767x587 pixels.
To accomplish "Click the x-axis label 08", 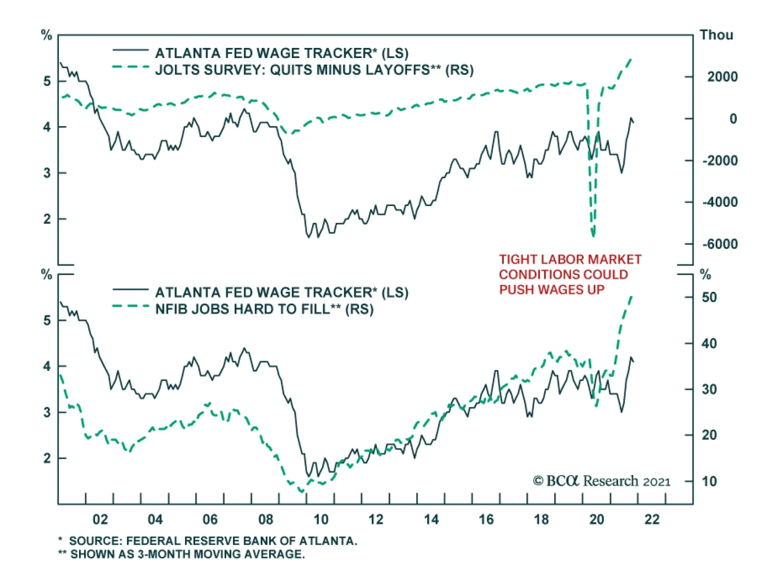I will tap(266, 519).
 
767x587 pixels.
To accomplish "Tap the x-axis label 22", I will tap(652, 519).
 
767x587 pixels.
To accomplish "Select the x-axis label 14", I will tap(431, 519).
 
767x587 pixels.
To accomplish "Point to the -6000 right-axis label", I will tap(720, 244).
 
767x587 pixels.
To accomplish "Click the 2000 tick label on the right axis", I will tap(722, 77).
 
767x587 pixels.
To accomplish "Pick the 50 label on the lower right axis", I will tap(709, 297).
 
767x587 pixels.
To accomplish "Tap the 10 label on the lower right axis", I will tap(709, 481).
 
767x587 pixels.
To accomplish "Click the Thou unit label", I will tap(716, 35).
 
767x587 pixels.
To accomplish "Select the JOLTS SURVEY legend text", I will tap(314, 70).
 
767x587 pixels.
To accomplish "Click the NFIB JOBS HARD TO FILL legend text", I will tap(264, 309).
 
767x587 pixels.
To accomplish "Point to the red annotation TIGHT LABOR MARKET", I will tap(570, 259).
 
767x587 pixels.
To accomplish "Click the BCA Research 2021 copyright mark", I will tap(601, 481).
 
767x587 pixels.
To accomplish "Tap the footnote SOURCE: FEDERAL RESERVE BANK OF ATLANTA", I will tap(213, 541).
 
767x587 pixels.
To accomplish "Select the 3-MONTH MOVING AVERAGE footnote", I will tap(187, 554).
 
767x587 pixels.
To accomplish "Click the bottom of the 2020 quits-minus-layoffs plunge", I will tap(593, 235).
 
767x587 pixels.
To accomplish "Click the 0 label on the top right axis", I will tap(733, 119).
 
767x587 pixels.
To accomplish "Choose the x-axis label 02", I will tap(100, 519).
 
